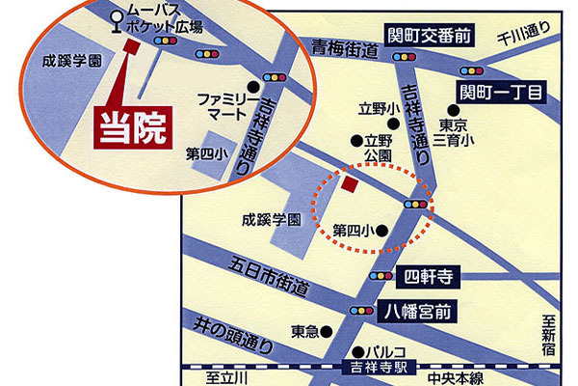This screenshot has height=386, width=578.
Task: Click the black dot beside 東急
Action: (326, 331)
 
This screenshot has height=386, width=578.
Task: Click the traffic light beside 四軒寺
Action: (381, 277)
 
